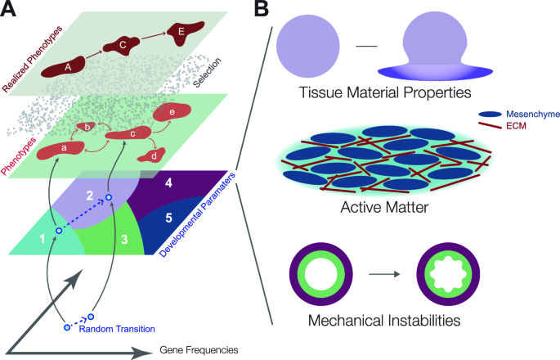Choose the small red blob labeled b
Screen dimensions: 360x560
click(87, 128)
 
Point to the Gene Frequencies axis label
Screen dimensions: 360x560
click(199, 350)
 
